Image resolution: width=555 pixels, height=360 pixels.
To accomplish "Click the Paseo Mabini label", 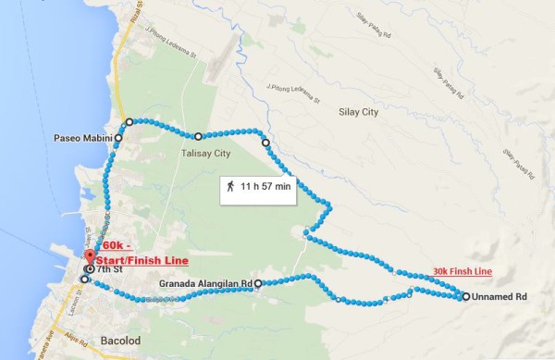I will click(x=81, y=137).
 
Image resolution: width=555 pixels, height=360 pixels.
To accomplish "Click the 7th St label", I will click(x=110, y=269).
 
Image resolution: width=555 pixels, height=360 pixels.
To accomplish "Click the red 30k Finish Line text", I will click(x=462, y=272).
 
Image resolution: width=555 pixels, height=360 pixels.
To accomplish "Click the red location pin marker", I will click(x=90, y=256).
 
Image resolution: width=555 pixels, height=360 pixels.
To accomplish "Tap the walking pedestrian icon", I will click(x=228, y=186).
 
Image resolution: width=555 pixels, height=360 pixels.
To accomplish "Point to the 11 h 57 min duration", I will click(x=265, y=187).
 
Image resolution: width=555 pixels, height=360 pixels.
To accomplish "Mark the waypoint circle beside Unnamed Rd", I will click(x=464, y=297).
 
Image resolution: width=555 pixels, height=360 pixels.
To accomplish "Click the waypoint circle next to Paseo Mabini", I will click(x=118, y=137).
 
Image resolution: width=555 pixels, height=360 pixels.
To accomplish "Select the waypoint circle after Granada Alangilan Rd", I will click(x=258, y=283).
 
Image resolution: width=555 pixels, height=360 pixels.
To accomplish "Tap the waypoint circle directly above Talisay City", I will click(x=198, y=136).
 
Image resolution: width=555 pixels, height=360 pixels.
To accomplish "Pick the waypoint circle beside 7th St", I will click(x=89, y=270).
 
